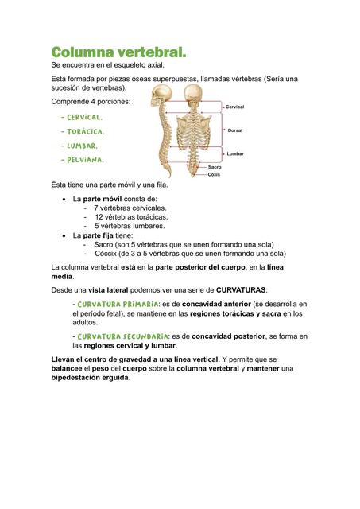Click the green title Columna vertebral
[x=118, y=52]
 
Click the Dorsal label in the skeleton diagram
[x=234, y=130]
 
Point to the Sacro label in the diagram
[x=215, y=167]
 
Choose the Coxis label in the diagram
[x=214, y=174]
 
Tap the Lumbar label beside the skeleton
[x=235, y=153]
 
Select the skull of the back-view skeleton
[x=194, y=95]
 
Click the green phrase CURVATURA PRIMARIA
[x=114, y=304]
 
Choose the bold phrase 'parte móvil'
[x=105, y=198]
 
